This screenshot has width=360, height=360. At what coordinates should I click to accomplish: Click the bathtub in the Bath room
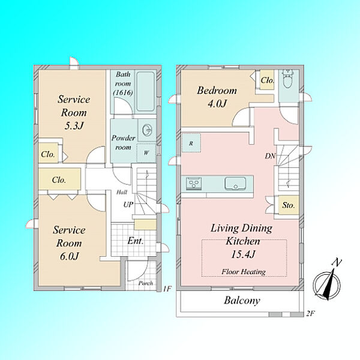[146, 92]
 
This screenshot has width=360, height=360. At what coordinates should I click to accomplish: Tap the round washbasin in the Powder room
[147, 131]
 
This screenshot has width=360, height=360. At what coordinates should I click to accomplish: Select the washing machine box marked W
[146, 152]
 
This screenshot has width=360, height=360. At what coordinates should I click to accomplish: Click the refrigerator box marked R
[191, 143]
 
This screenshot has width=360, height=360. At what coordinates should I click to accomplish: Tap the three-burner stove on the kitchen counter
[194, 183]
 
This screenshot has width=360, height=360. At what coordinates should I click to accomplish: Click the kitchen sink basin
[235, 184]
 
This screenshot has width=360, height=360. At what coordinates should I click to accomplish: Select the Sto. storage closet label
[289, 205]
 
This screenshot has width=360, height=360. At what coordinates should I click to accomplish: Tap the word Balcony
[242, 301]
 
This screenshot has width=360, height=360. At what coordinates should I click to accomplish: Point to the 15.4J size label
[243, 254]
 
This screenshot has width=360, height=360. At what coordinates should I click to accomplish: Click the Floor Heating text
[244, 272]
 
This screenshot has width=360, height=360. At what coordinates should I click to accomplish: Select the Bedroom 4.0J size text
[217, 104]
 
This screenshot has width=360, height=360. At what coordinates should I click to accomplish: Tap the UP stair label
[128, 205]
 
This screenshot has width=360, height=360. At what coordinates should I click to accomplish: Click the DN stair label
[270, 156]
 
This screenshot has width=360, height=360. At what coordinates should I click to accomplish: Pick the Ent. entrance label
[136, 241]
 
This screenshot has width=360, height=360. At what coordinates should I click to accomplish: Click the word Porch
[146, 283]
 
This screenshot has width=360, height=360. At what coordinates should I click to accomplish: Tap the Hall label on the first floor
[122, 192]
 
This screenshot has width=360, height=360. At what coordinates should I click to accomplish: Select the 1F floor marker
[167, 289]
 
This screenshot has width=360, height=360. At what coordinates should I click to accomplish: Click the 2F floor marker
[310, 313]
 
